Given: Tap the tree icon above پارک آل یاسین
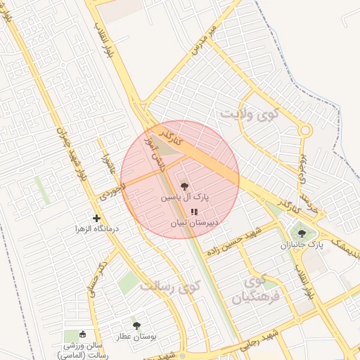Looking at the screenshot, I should tap(184, 186).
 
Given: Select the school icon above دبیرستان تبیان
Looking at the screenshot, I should tap(194, 211).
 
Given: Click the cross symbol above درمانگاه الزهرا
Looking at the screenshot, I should tap(97, 218).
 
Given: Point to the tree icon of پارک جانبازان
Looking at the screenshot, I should tap(302, 233).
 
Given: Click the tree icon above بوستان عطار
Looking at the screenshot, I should tap(136, 326).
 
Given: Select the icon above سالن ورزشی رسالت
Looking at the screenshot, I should tap(83, 334).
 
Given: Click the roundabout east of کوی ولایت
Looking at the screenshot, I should tap(304, 130).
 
